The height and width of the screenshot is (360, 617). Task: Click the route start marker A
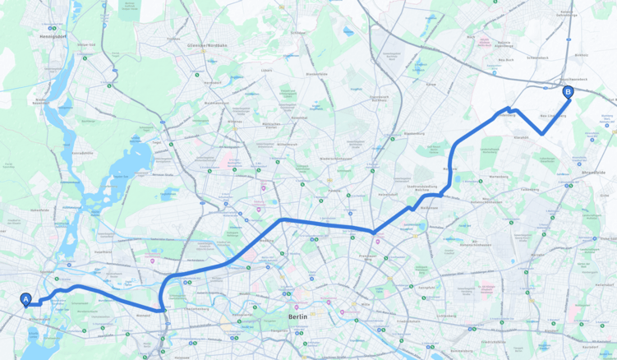[x=25, y=300]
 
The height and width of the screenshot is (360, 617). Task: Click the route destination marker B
[x=568, y=92]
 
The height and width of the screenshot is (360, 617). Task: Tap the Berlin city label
[x=297, y=316]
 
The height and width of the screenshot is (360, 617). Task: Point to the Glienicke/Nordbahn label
[x=206, y=45]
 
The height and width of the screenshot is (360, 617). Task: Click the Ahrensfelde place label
[x=592, y=173]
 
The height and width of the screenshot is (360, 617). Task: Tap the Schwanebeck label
[x=538, y=58]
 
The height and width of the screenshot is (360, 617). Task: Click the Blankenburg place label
[x=415, y=132]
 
